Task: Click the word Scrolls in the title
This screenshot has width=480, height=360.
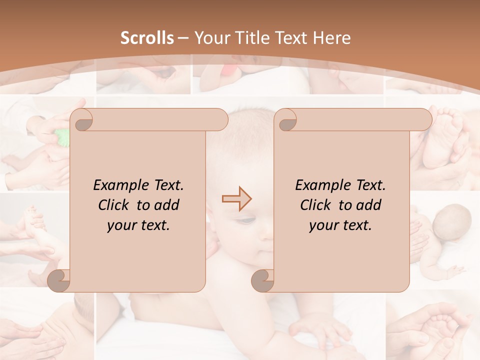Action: pyautogui.click(x=147, y=38)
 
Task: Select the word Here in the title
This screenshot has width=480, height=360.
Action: pyautogui.click(x=332, y=38)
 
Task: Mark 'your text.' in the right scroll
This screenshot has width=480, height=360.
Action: pyautogui.click(x=340, y=225)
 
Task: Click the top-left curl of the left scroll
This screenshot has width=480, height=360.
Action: pyautogui.click(x=82, y=120)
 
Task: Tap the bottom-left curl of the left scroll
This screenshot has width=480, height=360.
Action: pyautogui.click(x=59, y=280)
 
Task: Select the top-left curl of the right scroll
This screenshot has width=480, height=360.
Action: pyautogui.click(x=286, y=120)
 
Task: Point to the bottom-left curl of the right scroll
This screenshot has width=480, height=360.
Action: pyautogui.click(x=263, y=280)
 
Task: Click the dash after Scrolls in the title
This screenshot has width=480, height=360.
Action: pyautogui.click(x=182, y=38)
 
